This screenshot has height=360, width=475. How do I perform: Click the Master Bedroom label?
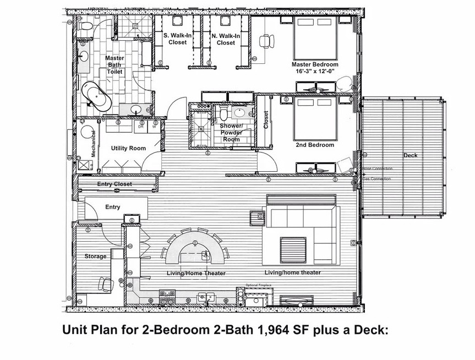point(315,64)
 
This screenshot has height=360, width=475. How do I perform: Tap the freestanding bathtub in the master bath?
point(97,96)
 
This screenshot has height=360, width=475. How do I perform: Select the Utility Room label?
point(128,148)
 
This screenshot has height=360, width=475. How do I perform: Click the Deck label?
point(410,155)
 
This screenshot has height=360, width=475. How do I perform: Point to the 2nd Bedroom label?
point(315,145)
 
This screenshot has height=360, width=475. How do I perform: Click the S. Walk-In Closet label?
point(178,39)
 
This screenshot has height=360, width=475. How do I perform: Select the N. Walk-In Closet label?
point(226,39)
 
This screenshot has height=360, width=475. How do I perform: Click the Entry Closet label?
point(114,184)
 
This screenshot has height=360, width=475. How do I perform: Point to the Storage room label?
point(95,257)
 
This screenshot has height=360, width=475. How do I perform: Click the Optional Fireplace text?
point(259,285)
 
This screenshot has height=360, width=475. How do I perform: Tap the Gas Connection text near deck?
point(376,178)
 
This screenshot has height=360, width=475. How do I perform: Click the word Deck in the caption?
point(368,330)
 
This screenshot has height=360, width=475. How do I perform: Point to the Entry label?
point(112,207)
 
